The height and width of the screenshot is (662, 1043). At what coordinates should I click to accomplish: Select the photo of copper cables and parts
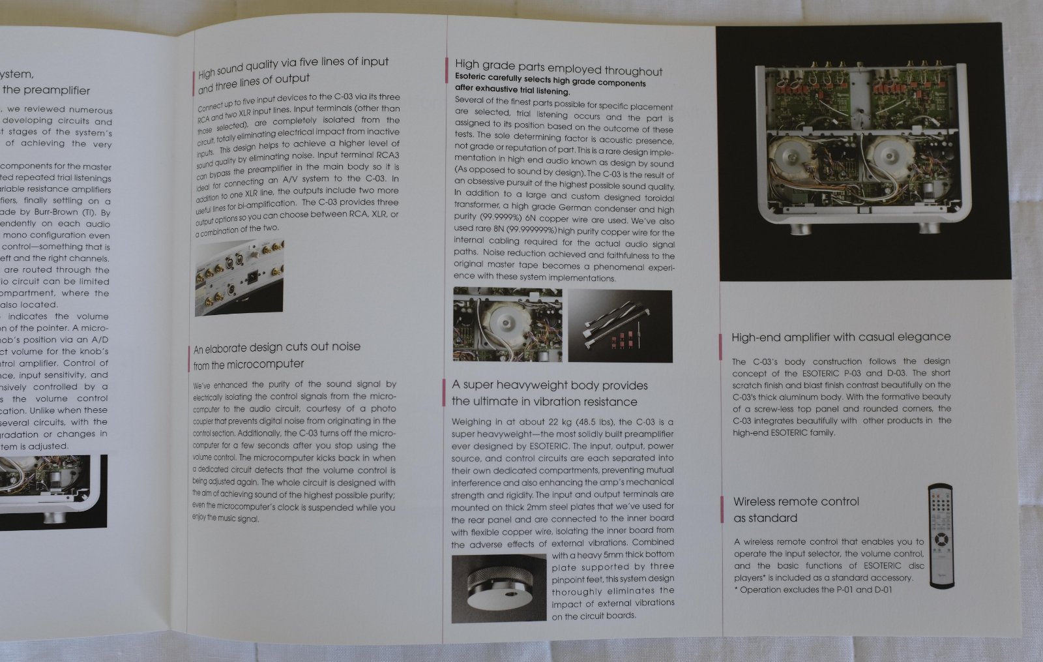[619, 325]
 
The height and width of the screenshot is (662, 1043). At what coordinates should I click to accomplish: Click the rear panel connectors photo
[239, 277]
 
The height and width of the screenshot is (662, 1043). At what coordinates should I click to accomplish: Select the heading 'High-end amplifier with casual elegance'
[840, 337]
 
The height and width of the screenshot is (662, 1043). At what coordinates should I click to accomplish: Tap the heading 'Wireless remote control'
[795, 502]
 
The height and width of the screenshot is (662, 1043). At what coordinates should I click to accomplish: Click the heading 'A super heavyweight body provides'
[550, 385]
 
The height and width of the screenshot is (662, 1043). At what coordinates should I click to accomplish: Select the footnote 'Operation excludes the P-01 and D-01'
[815, 590]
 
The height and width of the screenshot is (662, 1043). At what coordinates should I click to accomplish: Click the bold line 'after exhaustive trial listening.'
[512, 91]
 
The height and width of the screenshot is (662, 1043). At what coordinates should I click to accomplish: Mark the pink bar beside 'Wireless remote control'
[722, 509]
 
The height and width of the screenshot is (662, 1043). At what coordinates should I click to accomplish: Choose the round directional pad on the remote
[940, 539]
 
